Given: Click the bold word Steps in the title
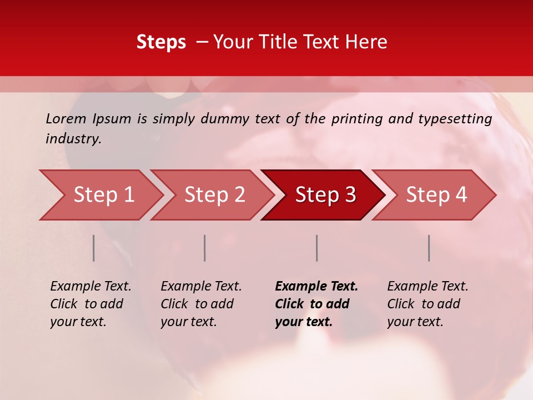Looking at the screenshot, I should click(x=161, y=42).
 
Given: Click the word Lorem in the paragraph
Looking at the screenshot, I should click(x=66, y=119).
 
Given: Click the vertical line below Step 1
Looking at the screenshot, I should click(x=94, y=248).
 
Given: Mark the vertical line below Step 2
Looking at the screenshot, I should click(x=205, y=248).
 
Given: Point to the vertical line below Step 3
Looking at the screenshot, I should click(x=317, y=248).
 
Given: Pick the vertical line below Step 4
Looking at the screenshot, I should click(x=429, y=248).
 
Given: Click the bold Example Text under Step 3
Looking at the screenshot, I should click(x=316, y=287).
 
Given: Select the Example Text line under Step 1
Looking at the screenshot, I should click(x=90, y=287).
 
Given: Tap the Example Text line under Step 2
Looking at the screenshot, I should click(x=201, y=287).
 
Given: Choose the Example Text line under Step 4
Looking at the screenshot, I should click(x=428, y=287).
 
